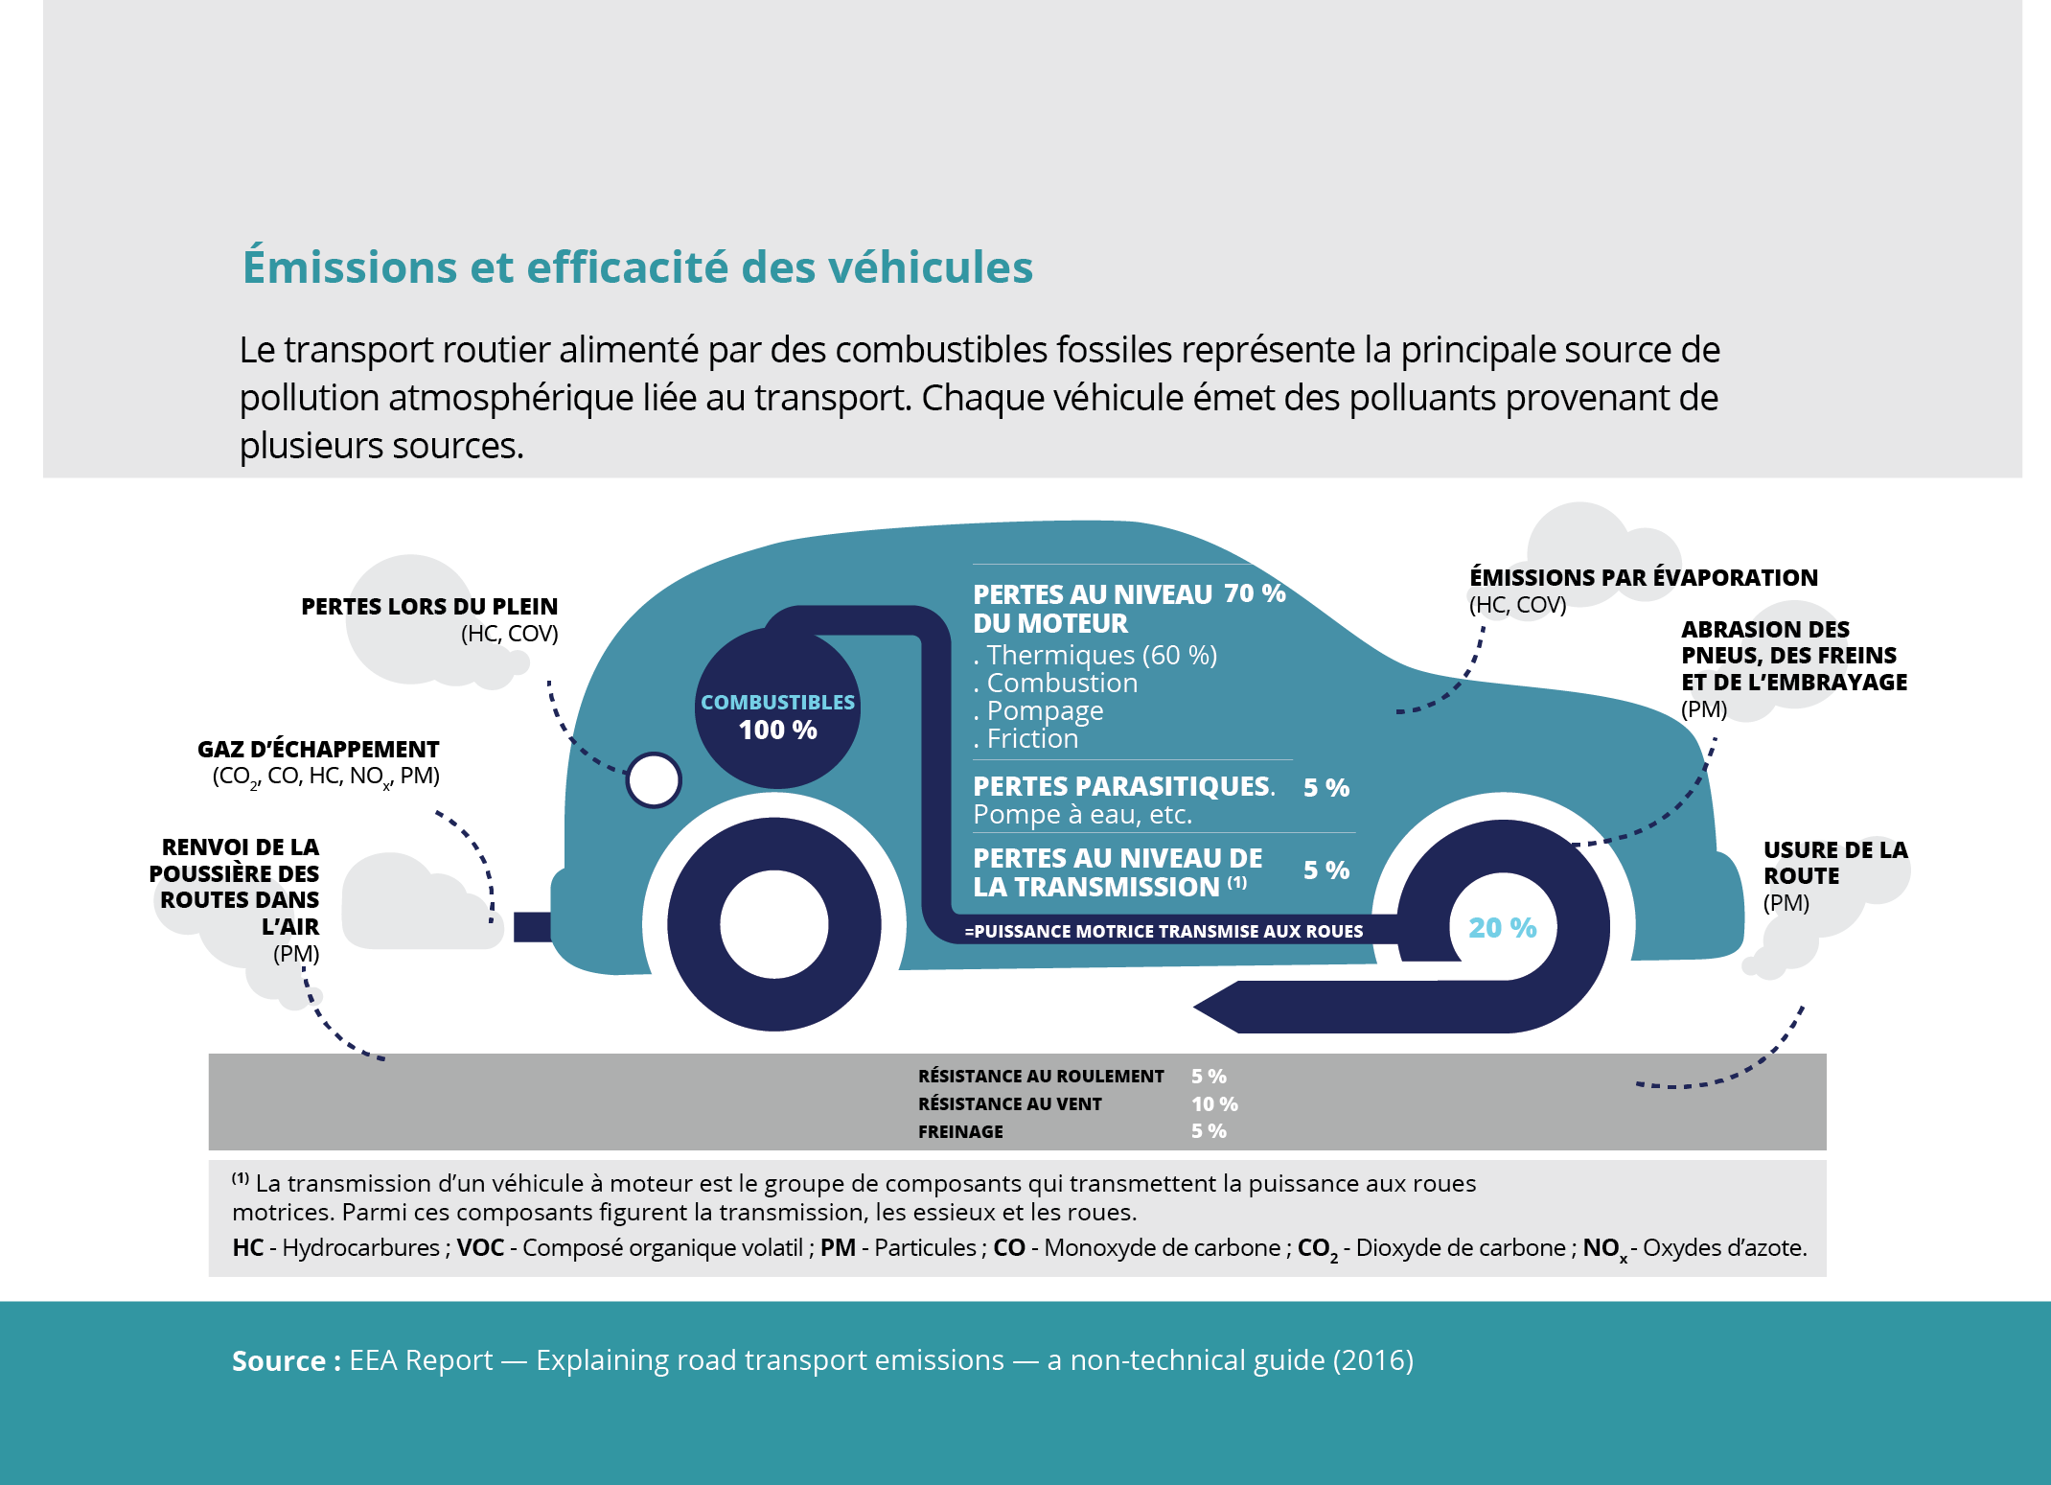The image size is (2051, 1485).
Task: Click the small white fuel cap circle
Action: tap(654, 780)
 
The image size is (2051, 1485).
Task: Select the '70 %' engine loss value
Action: tap(1255, 593)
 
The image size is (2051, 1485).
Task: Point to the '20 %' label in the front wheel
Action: tap(1502, 927)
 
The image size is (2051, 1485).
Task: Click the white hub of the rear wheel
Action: tap(773, 924)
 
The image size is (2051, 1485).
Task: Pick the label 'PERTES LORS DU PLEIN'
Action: tap(429, 606)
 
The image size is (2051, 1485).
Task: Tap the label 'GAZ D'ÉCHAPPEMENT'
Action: tap(318, 749)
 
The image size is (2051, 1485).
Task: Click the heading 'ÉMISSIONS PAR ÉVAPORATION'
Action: tap(1644, 577)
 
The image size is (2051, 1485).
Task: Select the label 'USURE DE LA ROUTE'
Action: tap(1835, 863)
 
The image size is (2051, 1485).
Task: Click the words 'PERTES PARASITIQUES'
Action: tap(1122, 786)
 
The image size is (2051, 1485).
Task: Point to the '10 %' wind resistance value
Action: tap(1214, 1104)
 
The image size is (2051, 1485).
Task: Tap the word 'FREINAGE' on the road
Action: tap(960, 1132)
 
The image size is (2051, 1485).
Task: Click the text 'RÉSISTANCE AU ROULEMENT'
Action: tap(1041, 1077)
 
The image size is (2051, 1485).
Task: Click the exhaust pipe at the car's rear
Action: tap(532, 927)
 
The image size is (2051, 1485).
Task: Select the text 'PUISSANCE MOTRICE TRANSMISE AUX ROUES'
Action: tap(1168, 931)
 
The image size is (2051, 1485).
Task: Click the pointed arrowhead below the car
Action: tap(1217, 1007)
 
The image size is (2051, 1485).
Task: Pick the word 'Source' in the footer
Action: tap(278, 1360)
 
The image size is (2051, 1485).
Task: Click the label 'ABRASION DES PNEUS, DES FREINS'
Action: tap(1789, 642)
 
